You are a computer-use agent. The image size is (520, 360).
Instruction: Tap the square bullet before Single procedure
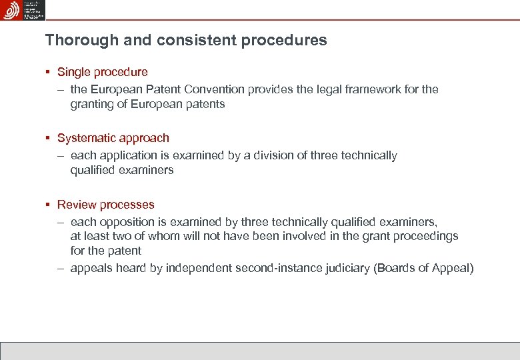[x=48, y=71]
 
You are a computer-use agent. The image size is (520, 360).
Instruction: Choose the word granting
[x=92, y=104]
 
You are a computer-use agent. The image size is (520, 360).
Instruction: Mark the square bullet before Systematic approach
[x=48, y=138]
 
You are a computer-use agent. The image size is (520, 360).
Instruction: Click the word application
[x=129, y=155]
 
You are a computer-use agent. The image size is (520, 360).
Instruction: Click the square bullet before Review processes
[x=48, y=205]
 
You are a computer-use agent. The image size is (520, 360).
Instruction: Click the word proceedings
[x=425, y=236]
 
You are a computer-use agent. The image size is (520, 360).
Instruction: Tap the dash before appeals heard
[x=60, y=268]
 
